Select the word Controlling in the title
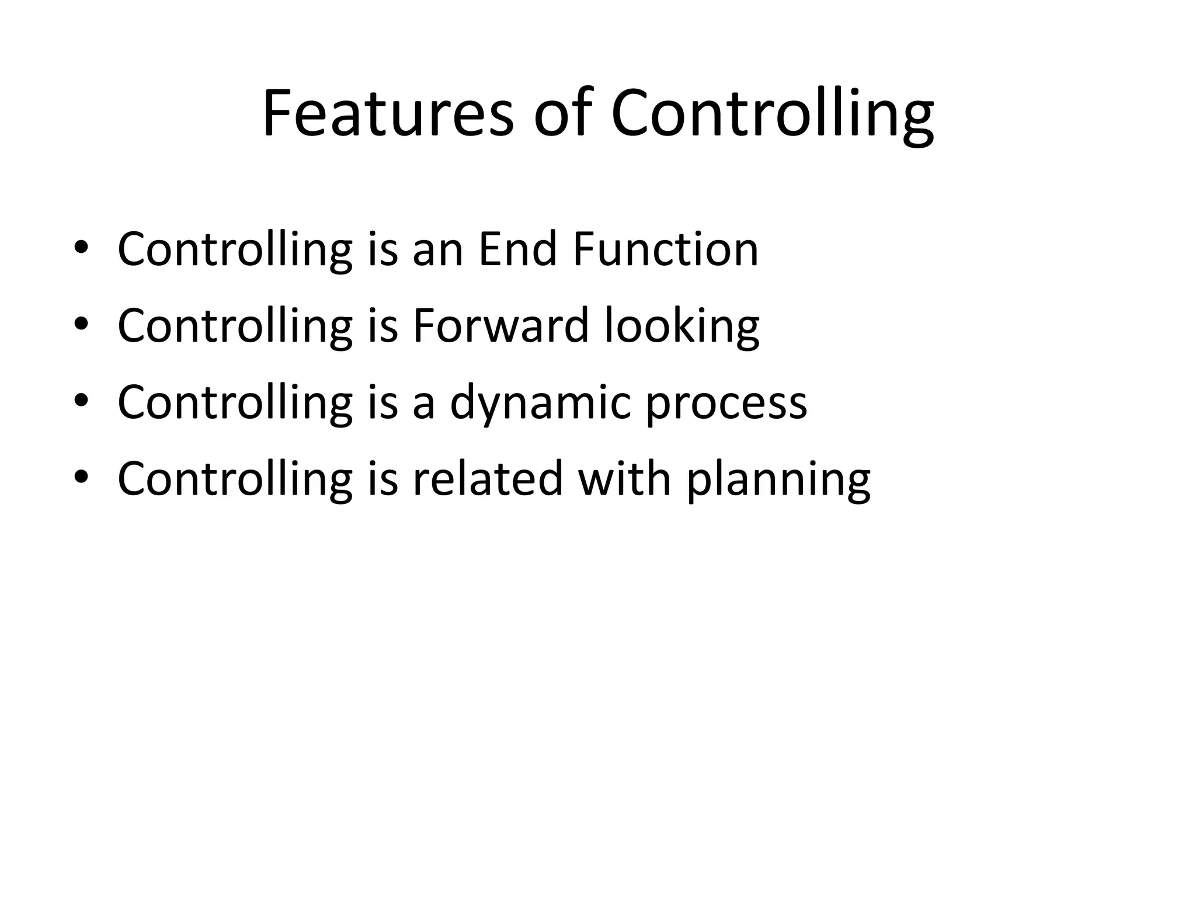[x=772, y=114]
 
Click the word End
[x=517, y=249]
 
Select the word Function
[x=665, y=249]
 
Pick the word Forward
[x=500, y=325]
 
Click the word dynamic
[x=540, y=403]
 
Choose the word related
[x=488, y=478]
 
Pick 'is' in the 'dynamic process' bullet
[x=383, y=402]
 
